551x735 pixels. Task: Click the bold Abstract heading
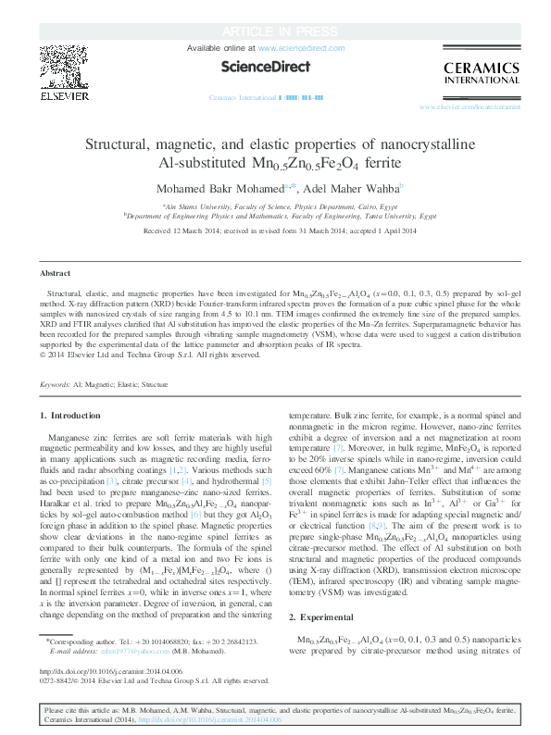tap(56, 274)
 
